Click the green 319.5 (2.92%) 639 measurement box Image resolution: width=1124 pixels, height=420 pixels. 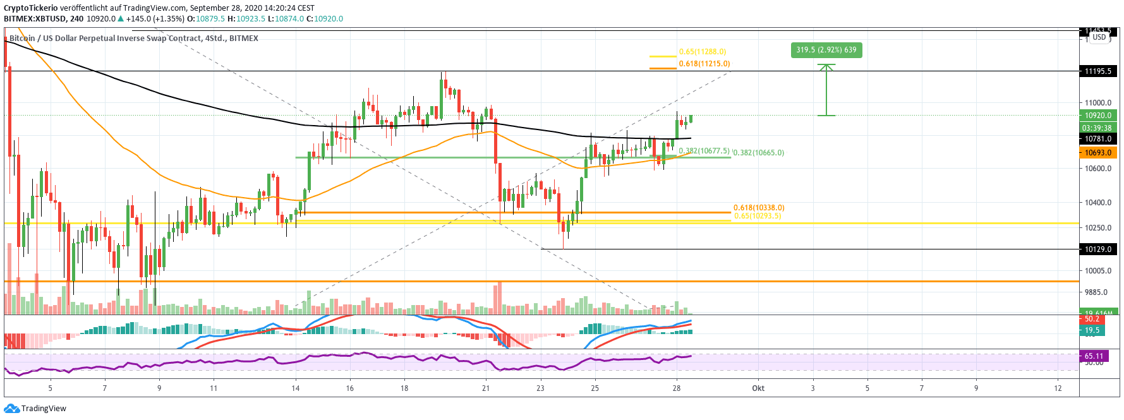pos(826,50)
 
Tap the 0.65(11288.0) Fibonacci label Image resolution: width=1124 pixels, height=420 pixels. pos(702,52)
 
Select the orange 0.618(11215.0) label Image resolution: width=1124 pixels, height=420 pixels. pos(704,64)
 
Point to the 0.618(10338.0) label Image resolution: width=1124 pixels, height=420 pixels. pos(758,208)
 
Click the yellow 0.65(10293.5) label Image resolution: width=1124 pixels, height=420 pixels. pos(756,216)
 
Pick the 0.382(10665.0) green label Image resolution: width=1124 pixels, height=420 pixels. pos(759,153)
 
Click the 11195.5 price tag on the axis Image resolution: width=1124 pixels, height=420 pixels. pos(1097,71)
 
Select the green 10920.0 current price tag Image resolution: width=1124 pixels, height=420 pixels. pos(1097,116)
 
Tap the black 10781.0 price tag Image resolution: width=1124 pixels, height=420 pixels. pos(1097,139)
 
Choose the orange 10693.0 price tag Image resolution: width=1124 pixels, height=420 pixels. pos(1097,153)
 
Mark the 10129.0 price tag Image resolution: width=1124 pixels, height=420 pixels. pos(1097,249)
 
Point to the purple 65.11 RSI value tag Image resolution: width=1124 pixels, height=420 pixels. pos(1094,356)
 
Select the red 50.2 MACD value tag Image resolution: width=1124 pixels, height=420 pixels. pos(1092,320)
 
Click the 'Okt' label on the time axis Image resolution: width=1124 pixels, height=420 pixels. pos(758,388)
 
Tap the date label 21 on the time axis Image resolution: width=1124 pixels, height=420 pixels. pos(486,388)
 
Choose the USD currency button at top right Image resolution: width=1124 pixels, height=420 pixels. pos(1099,37)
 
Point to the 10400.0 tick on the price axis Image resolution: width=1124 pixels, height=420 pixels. pos(1097,203)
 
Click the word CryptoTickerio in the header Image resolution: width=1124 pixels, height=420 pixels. pos(31,8)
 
